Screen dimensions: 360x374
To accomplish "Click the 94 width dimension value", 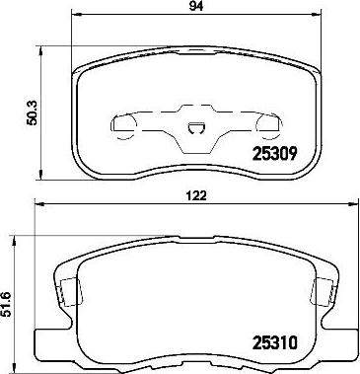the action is [196, 5].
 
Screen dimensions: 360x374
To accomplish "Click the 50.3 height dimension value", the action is [34, 112].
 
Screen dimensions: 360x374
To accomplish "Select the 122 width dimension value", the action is [198, 196].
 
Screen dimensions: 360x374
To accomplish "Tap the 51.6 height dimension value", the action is [6, 304].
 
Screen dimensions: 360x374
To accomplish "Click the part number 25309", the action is [275, 153].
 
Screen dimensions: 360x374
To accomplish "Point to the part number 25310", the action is [275, 342].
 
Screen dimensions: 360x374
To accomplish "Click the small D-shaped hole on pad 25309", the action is [196, 128].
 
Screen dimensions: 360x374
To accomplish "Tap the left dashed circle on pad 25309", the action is [124, 126].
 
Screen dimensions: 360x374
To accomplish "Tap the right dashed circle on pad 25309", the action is [269, 126].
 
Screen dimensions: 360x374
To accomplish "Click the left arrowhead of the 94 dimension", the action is [76, 14].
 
